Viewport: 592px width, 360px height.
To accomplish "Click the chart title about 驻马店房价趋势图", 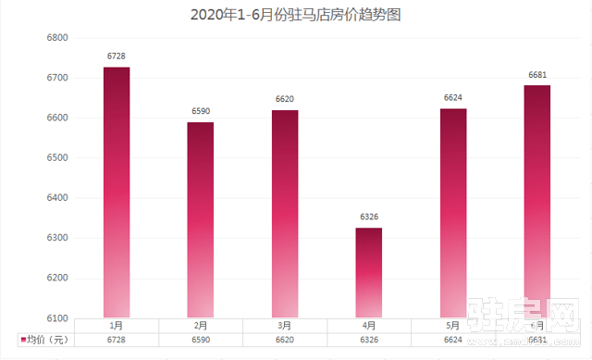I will [x=295, y=16].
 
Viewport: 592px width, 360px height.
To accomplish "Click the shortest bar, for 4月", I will [x=369, y=273].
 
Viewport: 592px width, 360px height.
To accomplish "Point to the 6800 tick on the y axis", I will [x=58, y=38].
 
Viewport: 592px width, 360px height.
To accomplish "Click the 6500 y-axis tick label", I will [x=58, y=158].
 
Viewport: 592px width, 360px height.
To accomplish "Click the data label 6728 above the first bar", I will [x=117, y=56].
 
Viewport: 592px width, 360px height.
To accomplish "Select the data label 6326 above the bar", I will [x=369, y=217].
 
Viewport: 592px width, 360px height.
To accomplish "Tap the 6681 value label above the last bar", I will [x=537, y=75].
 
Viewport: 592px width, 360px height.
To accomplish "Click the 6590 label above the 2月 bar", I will [x=201, y=111].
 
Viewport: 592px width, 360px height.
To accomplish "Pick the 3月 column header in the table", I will [x=285, y=326].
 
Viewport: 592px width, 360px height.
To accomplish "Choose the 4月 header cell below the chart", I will [x=369, y=326].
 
